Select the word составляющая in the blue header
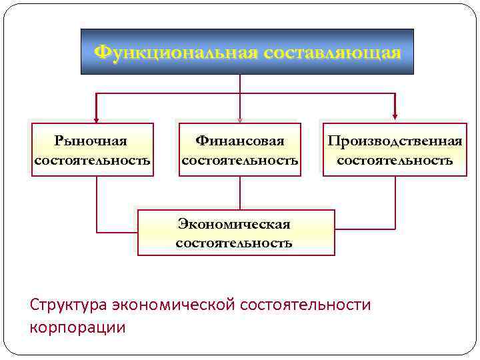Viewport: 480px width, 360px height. click(x=332, y=52)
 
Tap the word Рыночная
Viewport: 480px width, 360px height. click(x=92, y=141)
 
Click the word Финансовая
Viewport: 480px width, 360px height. click(x=240, y=141)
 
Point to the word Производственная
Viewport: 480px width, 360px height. click(x=395, y=141)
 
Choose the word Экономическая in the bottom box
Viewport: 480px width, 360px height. click(x=234, y=224)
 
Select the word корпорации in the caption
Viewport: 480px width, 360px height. click(x=77, y=327)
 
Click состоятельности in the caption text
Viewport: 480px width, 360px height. click(x=305, y=305)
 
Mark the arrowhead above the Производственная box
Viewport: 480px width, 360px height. click(x=395, y=117)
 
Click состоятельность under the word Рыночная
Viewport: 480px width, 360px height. click(x=92, y=161)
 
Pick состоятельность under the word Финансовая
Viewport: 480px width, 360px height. click(x=240, y=161)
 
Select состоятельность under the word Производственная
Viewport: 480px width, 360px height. click(x=395, y=161)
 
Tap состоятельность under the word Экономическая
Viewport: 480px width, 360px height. click(x=234, y=243)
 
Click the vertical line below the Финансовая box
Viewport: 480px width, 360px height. click(x=240, y=193)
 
